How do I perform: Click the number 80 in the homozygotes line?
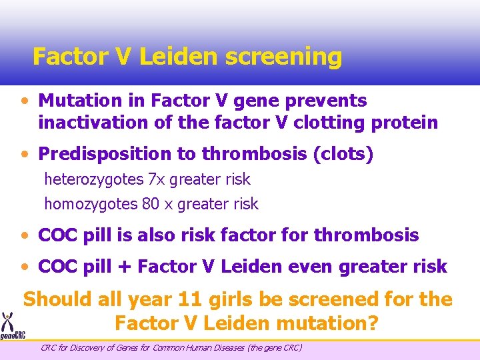click(151, 204)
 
